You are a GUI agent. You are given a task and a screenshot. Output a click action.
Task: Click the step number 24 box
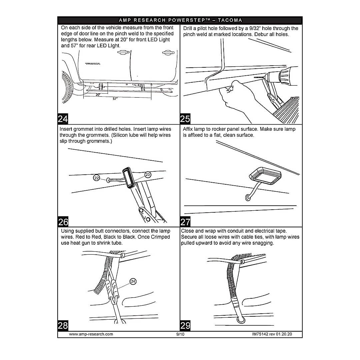point(63,119)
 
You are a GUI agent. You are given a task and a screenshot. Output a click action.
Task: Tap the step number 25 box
point(185,119)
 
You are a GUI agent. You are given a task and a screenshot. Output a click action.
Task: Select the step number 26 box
point(63,222)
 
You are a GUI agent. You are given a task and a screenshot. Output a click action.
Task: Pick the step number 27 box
point(185,222)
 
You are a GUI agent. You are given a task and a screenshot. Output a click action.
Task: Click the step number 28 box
point(63,326)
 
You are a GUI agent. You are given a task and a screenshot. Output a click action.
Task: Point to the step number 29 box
point(185,326)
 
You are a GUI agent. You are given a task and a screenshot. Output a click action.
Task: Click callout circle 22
point(97,178)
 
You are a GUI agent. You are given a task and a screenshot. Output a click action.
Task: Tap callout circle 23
point(148,174)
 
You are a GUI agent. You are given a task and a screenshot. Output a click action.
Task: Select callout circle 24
point(133,282)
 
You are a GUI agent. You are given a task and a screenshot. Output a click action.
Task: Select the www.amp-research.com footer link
point(91,334)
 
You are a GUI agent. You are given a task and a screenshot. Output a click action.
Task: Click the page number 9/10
point(180,334)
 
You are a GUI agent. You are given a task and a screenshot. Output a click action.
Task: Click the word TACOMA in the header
point(230,20)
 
